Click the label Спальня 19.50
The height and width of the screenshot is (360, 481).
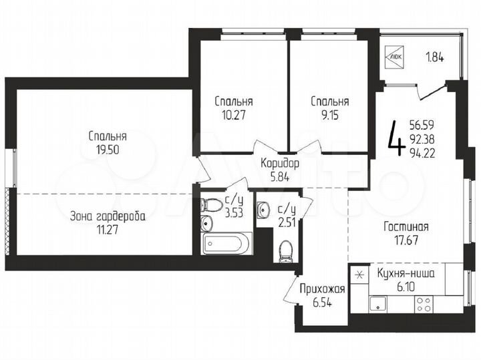(x=107, y=143)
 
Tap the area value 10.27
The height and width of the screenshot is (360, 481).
(x=233, y=114)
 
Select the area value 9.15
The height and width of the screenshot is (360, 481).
(x=329, y=114)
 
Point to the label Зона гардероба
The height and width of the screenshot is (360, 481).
(x=107, y=216)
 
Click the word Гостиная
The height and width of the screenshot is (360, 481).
(x=406, y=227)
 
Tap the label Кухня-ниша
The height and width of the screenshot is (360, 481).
(x=406, y=273)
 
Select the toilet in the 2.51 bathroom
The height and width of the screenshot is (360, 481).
(x=285, y=250)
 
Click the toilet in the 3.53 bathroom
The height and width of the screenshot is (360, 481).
(x=210, y=206)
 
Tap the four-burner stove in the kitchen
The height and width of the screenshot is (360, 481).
(x=424, y=305)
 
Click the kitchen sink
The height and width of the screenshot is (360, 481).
(x=380, y=305)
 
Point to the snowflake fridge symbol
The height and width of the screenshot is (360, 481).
(x=359, y=274)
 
